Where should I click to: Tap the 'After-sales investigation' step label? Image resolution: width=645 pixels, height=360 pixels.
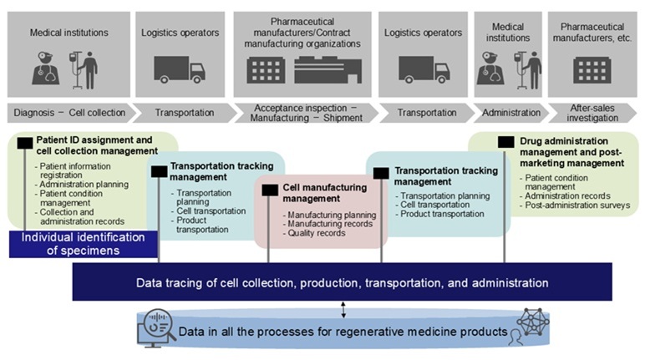click(x=592, y=113)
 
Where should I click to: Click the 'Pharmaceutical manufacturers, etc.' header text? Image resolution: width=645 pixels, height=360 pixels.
click(x=592, y=33)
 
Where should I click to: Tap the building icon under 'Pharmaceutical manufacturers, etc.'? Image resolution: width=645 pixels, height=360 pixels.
click(x=591, y=70)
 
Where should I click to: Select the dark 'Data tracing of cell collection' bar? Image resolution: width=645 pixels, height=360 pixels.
click(x=342, y=283)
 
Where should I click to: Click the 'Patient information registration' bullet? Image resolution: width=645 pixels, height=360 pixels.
click(x=75, y=170)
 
